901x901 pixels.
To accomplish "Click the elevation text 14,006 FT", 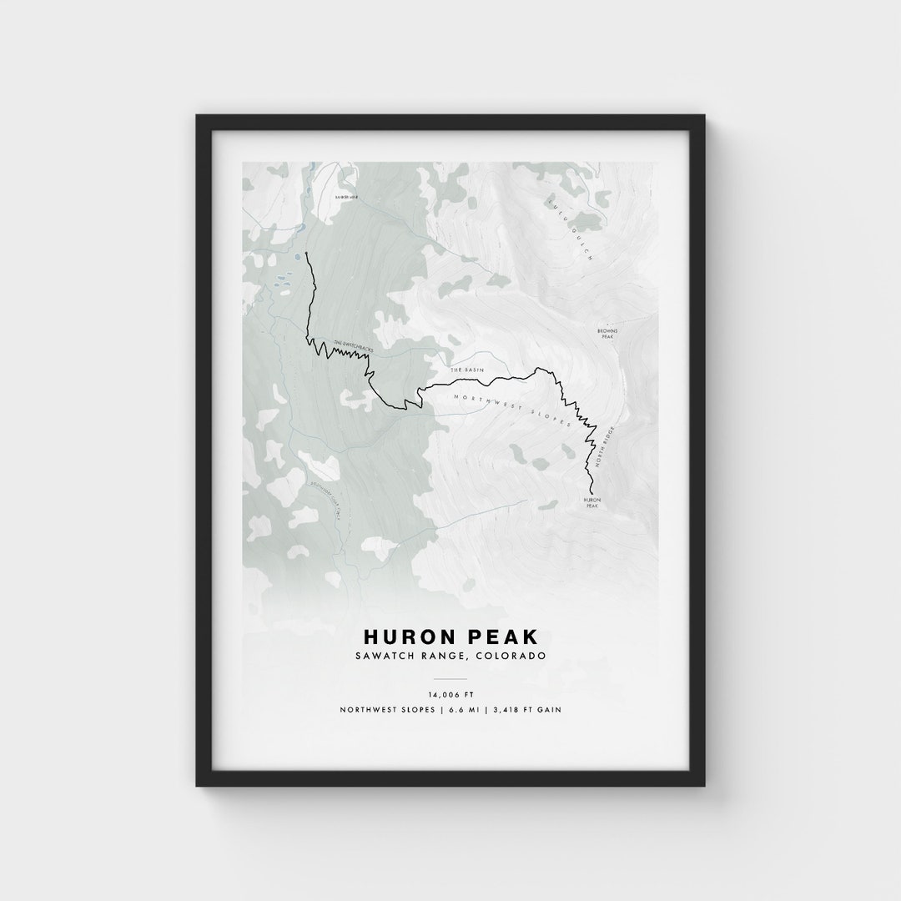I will (x=450, y=694).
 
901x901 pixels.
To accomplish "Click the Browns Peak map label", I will (x=607, y=333).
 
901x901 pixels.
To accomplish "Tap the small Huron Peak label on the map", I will (x=591, y=502).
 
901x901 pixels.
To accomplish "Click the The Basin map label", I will (x=467, y=369).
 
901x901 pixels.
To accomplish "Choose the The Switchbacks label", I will (x=350, y=345).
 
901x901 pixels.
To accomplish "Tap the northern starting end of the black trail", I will (x=306, y=253).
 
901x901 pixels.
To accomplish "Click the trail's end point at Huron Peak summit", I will (x=591, y=493).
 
